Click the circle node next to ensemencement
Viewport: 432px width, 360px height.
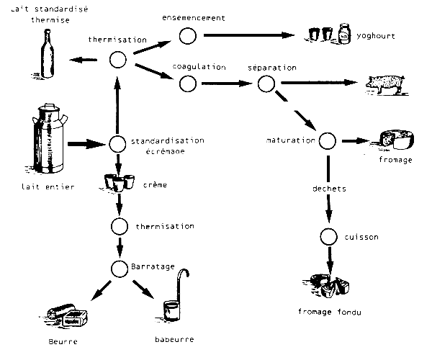click(x=188, y=36)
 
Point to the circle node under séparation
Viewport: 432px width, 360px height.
click(x=267, y=83)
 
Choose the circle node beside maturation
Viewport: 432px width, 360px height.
click(x=328, y=140)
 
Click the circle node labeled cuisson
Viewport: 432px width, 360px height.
click(x=328, y=236)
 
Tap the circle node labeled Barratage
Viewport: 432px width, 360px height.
click(x=119, y=269)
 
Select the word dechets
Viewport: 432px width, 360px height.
click(x=329, y=189)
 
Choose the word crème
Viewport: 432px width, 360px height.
click(x=156, y=185)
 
